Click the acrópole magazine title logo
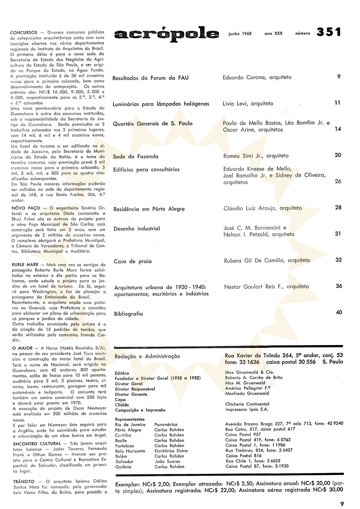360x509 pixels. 167,34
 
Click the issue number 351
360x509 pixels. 329,32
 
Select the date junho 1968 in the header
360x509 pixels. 240,34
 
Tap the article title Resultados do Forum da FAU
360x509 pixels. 150,78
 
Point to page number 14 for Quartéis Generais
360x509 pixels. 338,129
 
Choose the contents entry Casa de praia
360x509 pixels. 133,261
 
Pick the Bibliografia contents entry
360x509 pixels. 128,314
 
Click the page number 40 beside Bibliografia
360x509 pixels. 339,313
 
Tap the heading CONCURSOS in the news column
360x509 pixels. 24,33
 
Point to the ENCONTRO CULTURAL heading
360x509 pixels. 37,444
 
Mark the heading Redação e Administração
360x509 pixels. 147,356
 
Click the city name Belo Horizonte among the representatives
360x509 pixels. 130,451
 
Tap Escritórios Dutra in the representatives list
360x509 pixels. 171,451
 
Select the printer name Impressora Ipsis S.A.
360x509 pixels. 247,409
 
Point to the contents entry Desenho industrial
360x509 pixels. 137,229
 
